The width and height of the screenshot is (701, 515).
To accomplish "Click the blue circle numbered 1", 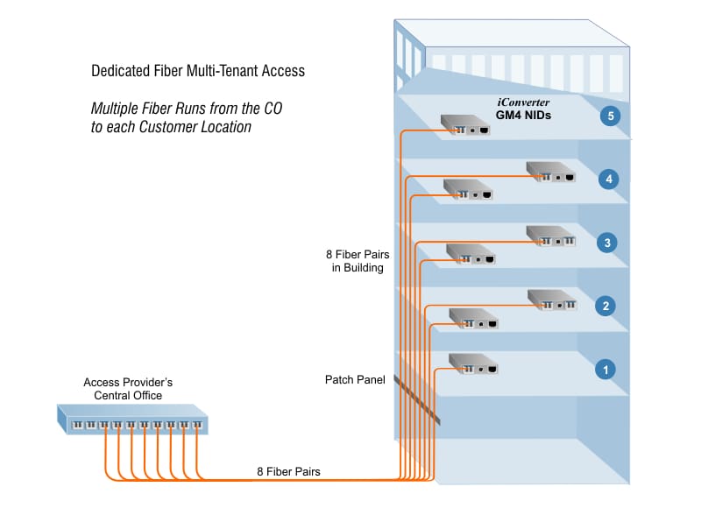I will click(x=605, y=370).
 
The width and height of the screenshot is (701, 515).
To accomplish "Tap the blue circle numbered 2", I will click(x=605, y=307).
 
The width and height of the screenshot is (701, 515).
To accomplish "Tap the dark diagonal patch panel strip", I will click(x=416, y=400).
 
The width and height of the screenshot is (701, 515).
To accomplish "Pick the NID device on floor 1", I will click(x=473, y=363).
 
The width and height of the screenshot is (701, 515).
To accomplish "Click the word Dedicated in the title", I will click(x=119, y=71).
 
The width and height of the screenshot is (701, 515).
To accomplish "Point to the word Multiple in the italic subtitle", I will click(x=114, y=109).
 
